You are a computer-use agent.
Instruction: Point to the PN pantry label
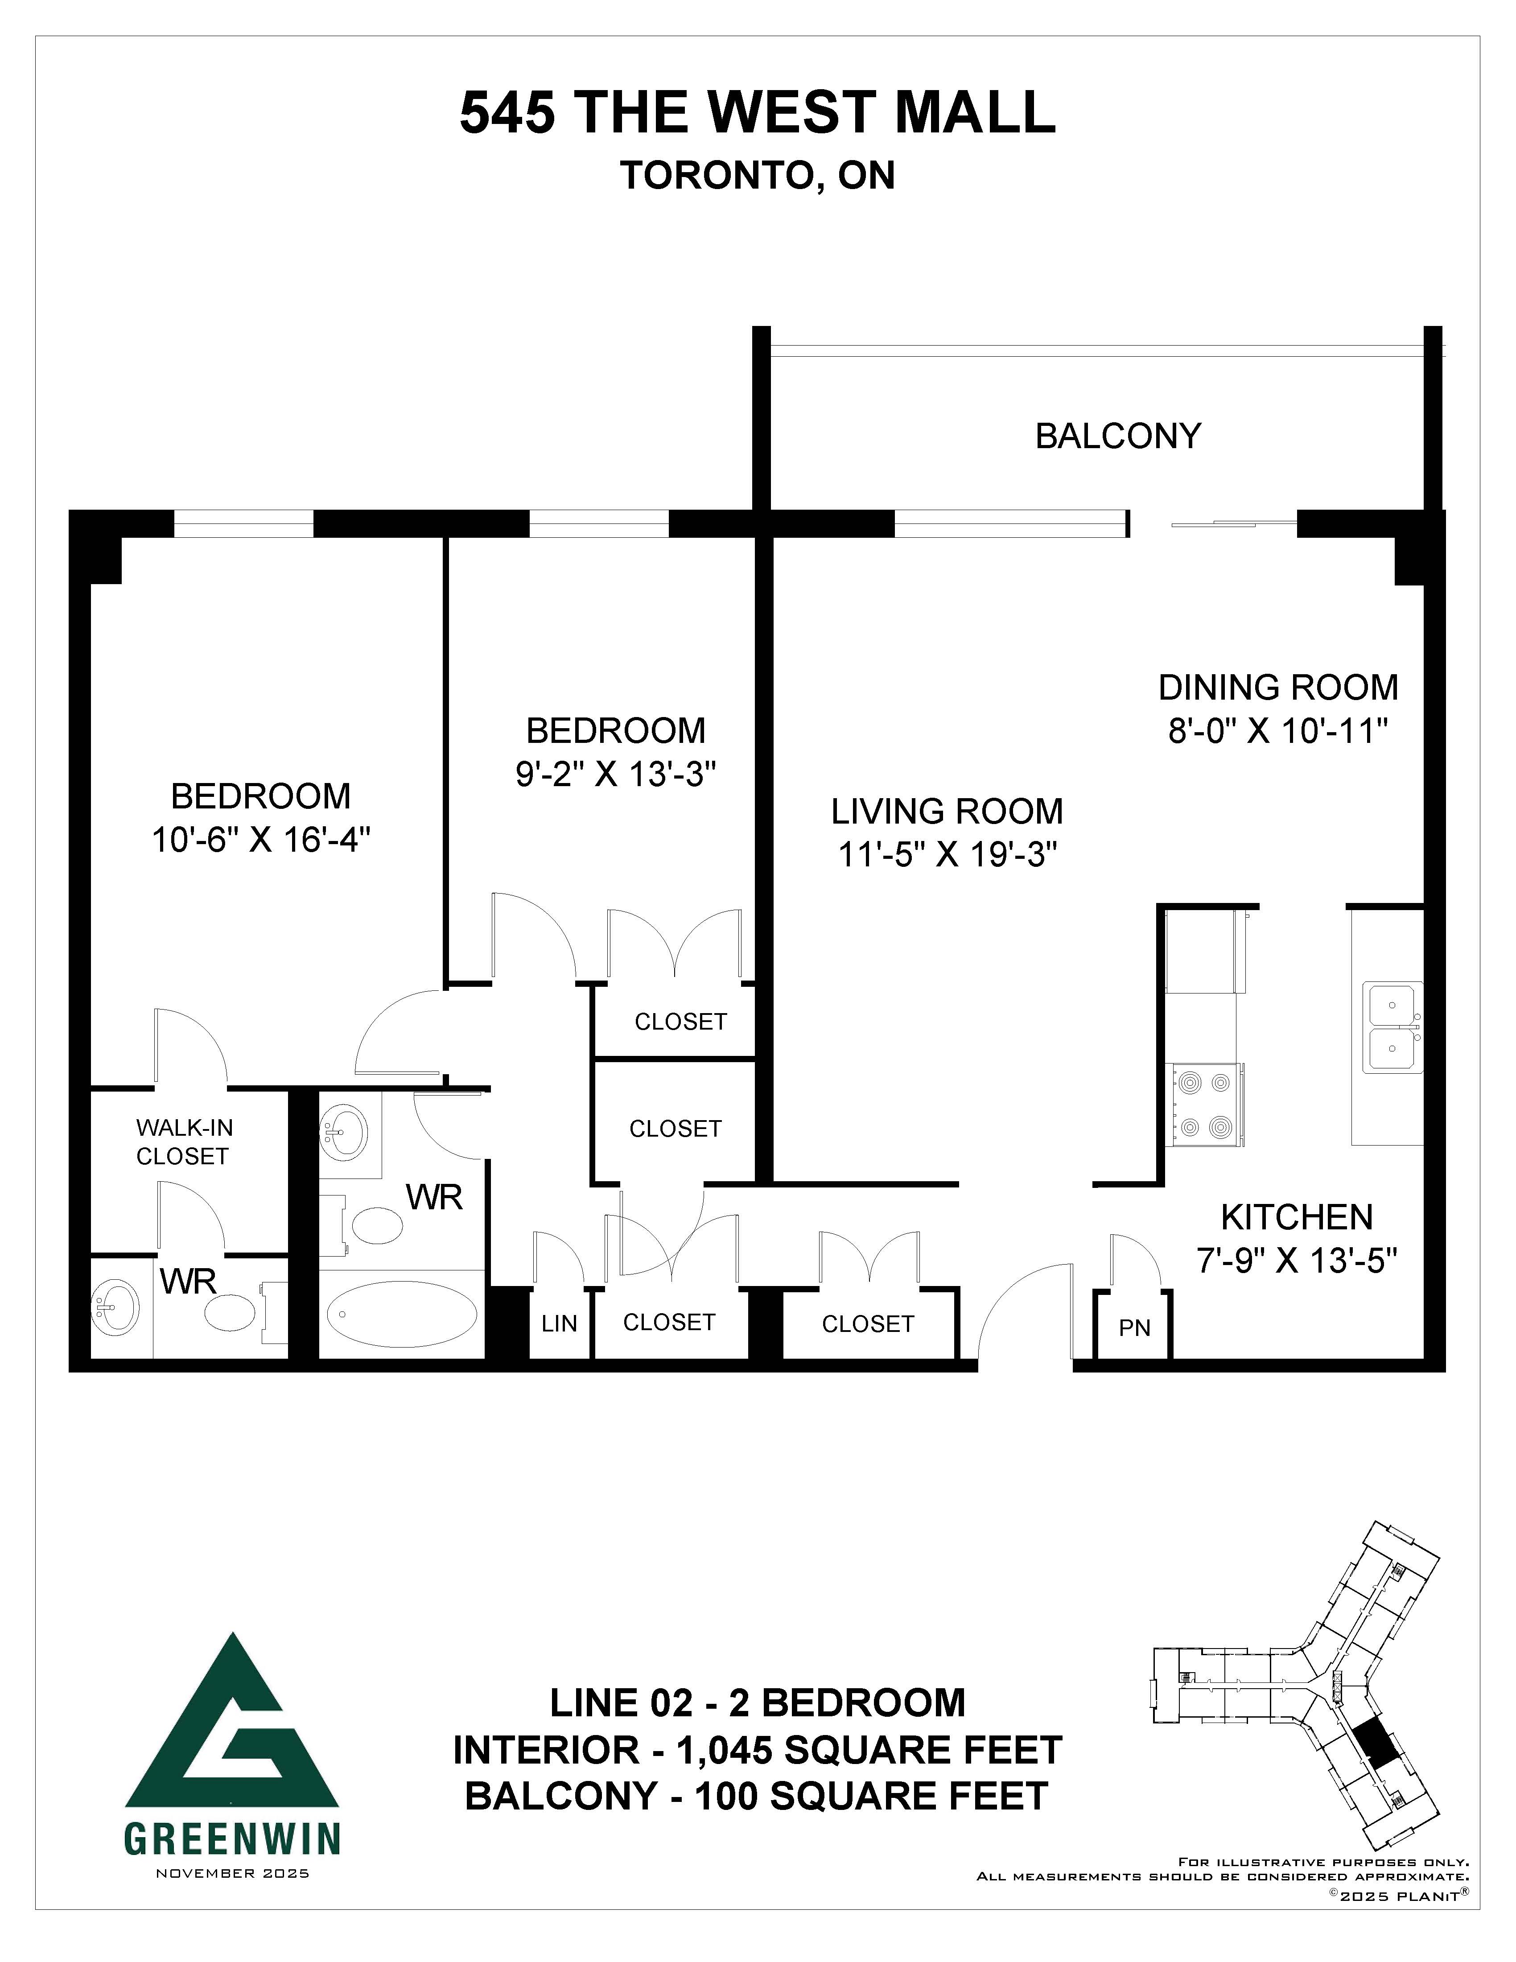[x=1134, y=1328]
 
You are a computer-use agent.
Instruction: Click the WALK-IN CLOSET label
[x=184, y=1142]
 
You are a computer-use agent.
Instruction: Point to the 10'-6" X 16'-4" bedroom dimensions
[x=260, y=840]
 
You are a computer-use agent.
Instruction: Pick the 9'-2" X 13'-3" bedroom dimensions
[x=615, y=774]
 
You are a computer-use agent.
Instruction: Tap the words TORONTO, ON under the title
[x=757, y=176]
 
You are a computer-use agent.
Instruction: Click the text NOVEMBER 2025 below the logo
[x=233, y=1873]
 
